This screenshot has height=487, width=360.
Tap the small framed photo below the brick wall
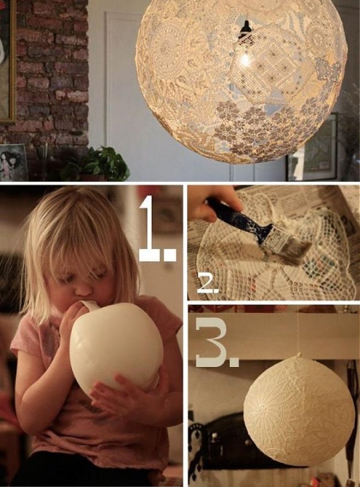click(12, 162)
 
